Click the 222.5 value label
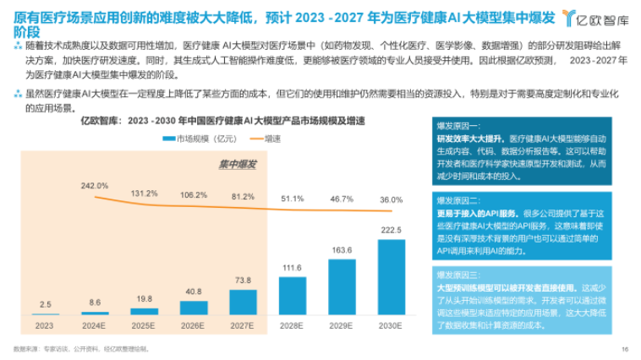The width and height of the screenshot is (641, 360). (392, 230)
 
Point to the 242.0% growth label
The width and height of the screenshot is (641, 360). (95, 185)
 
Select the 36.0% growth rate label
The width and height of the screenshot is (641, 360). (391, 199)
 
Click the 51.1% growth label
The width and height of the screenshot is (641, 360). (292, 199)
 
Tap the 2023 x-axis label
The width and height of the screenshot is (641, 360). (44, 325)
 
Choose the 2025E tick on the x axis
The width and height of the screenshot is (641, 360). (143, 325)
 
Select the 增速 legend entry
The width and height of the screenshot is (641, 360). (269, 138)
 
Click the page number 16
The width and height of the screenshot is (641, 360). (625, 348)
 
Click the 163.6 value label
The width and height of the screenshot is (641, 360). (341, 250)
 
